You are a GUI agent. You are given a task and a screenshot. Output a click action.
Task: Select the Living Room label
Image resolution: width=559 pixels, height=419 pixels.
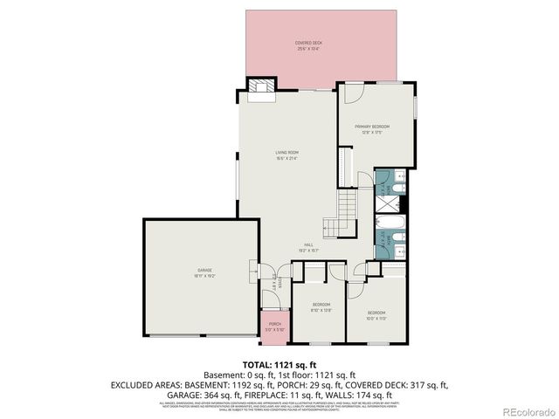(x=286, y=155)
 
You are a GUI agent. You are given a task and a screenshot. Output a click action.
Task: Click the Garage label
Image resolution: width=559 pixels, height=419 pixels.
(x=204, y=273)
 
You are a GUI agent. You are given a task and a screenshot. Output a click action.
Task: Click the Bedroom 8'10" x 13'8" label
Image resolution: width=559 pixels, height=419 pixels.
(x=321, y=306)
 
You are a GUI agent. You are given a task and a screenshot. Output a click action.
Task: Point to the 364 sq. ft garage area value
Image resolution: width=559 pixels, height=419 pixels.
(x=229, y=395)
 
